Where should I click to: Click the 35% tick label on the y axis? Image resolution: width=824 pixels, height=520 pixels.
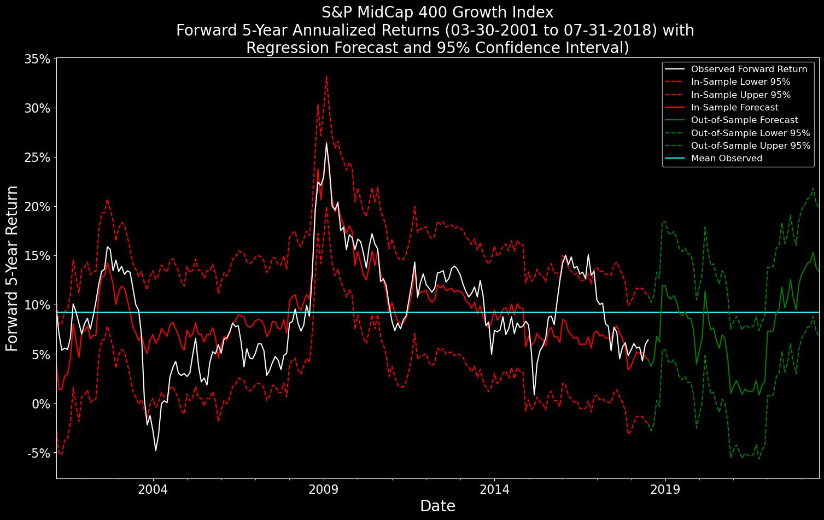click(38, 59)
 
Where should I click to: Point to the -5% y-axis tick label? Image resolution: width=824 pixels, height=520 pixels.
click(38, 453)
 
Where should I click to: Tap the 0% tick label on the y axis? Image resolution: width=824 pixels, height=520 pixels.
click(40, 404)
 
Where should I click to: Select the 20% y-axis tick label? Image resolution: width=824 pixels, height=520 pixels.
click(38, 207)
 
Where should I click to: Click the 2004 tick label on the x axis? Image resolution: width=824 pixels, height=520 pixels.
click(154, 489)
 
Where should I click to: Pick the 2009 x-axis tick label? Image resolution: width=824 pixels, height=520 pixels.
click(324, 489)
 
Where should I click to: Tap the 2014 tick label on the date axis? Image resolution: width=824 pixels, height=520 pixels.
click(494, 489)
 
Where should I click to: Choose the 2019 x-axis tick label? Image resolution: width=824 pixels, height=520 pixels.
click(665, 489)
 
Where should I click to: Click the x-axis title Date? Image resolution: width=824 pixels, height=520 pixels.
click(437, 506)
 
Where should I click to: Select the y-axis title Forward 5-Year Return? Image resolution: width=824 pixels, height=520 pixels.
click(12, 268)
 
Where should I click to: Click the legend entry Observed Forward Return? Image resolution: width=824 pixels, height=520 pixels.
click(749, 69)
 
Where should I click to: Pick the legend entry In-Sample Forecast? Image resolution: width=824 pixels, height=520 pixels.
click(734, 108)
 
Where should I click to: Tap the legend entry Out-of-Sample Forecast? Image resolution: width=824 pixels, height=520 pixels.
click(744, 120)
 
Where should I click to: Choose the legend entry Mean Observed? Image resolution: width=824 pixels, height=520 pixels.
click(726, 159)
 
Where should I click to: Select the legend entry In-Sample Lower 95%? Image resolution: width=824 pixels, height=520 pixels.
click(740, 82)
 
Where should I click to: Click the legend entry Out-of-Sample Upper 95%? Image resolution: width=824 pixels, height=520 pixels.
click(750, 146)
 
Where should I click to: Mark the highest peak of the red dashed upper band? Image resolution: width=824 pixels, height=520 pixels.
click(326, 77)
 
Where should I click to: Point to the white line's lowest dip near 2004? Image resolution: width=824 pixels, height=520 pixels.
click(156, 451)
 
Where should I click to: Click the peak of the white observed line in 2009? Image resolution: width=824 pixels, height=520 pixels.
click(326, 143)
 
